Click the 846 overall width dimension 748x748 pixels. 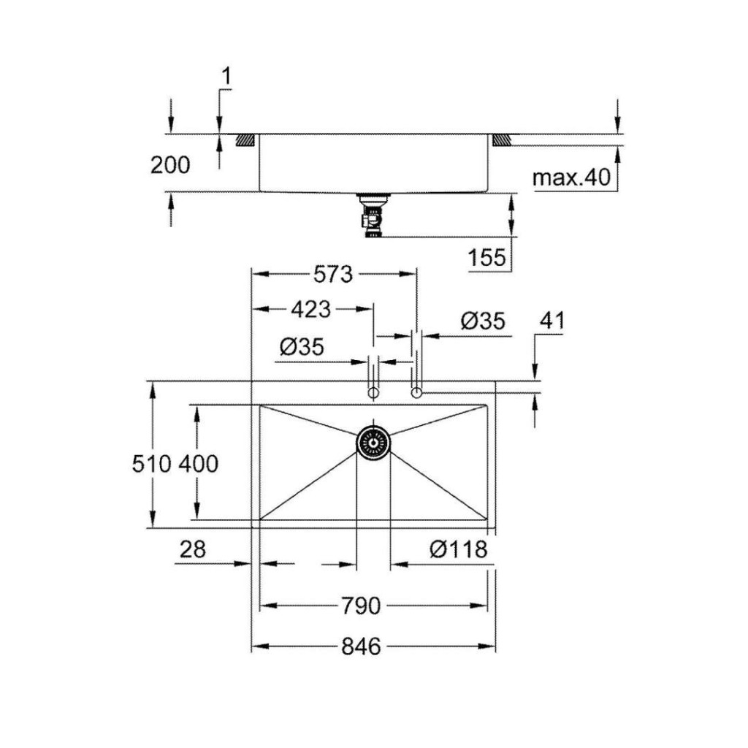[361, 647]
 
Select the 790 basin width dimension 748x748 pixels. [361, 606]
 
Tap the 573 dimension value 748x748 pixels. [333, 275]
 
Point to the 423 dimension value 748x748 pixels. [311, 310]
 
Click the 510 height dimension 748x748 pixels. [152, 464]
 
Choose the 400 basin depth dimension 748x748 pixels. [199, 464]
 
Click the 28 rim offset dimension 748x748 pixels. [193, 549]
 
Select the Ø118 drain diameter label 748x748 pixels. [459, 549]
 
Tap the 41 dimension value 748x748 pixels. [552, 321]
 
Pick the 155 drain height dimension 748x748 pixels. [486, 258]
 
